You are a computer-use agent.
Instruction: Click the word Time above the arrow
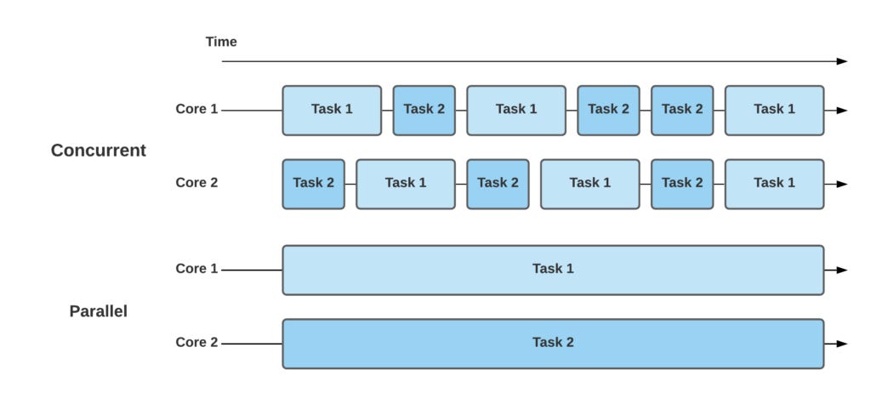221,42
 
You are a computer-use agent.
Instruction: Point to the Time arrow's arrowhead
842,61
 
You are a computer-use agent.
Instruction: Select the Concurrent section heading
98,151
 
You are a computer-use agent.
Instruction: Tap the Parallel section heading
98,311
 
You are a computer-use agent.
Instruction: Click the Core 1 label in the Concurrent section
196,109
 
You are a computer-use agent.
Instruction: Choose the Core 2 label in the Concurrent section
196,182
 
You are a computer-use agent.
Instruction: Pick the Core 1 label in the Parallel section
196,269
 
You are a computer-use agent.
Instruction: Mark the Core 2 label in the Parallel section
196,342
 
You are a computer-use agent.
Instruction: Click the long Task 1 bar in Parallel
553,270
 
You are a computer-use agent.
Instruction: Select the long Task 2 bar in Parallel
553,343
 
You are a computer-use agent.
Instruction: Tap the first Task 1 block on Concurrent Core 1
332,110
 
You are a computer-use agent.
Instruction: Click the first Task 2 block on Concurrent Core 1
424,110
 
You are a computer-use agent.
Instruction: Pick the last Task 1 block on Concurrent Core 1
774,110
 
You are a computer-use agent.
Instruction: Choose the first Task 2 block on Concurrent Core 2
313,183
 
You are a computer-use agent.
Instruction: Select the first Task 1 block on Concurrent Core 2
406,183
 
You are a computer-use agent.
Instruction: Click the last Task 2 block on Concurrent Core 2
682,183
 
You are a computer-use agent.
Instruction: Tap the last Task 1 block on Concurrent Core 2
774,183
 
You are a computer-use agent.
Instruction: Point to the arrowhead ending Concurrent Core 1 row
842,111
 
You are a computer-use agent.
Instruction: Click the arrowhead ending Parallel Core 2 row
842,344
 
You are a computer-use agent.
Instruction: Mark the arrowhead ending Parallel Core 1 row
842,270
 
